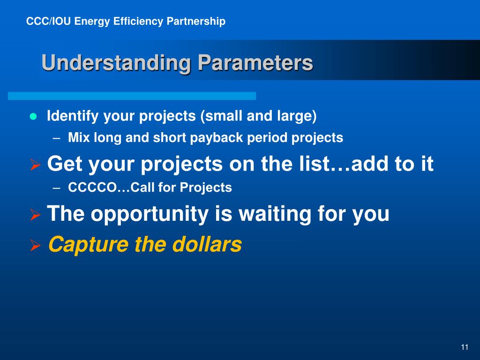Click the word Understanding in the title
[117, 63]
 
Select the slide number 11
[465, 347]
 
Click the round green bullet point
[33, 117]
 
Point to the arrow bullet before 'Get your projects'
[36, 165]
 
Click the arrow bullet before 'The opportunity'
[36, 215]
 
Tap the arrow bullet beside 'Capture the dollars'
[36, 246]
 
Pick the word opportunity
[150, 214]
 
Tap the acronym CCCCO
[92, 187]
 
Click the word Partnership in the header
[196, 22]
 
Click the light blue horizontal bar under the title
[132, 96]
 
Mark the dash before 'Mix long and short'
[56, 138]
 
